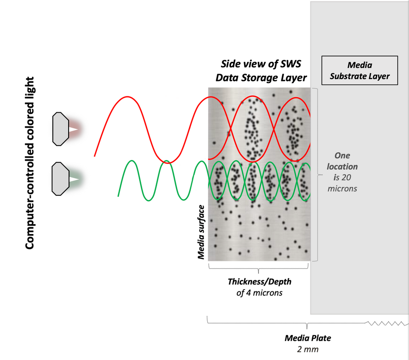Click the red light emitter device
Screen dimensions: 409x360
coord(61,129)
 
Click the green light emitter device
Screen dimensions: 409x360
coord(60,179)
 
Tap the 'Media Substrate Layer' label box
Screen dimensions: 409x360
coord(359,70)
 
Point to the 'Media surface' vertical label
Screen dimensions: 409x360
coord(201,232)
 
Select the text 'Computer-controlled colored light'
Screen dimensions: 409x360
coord(30,163)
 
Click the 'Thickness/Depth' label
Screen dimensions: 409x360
coord(259,282)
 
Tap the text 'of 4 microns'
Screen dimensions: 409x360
coord(259,293)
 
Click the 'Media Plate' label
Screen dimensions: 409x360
coord(308,338)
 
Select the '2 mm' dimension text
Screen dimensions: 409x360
coord(308,349)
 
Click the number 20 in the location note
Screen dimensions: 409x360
coord(346,178)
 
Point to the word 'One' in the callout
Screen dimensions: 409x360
coord(342,155)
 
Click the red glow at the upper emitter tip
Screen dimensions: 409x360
coord(75,129)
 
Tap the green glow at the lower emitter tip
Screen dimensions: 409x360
coord(75,179)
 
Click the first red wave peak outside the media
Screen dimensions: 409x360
coord(127,97)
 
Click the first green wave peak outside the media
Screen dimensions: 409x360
coord(132,161)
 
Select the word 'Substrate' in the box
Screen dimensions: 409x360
coord(345,76)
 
